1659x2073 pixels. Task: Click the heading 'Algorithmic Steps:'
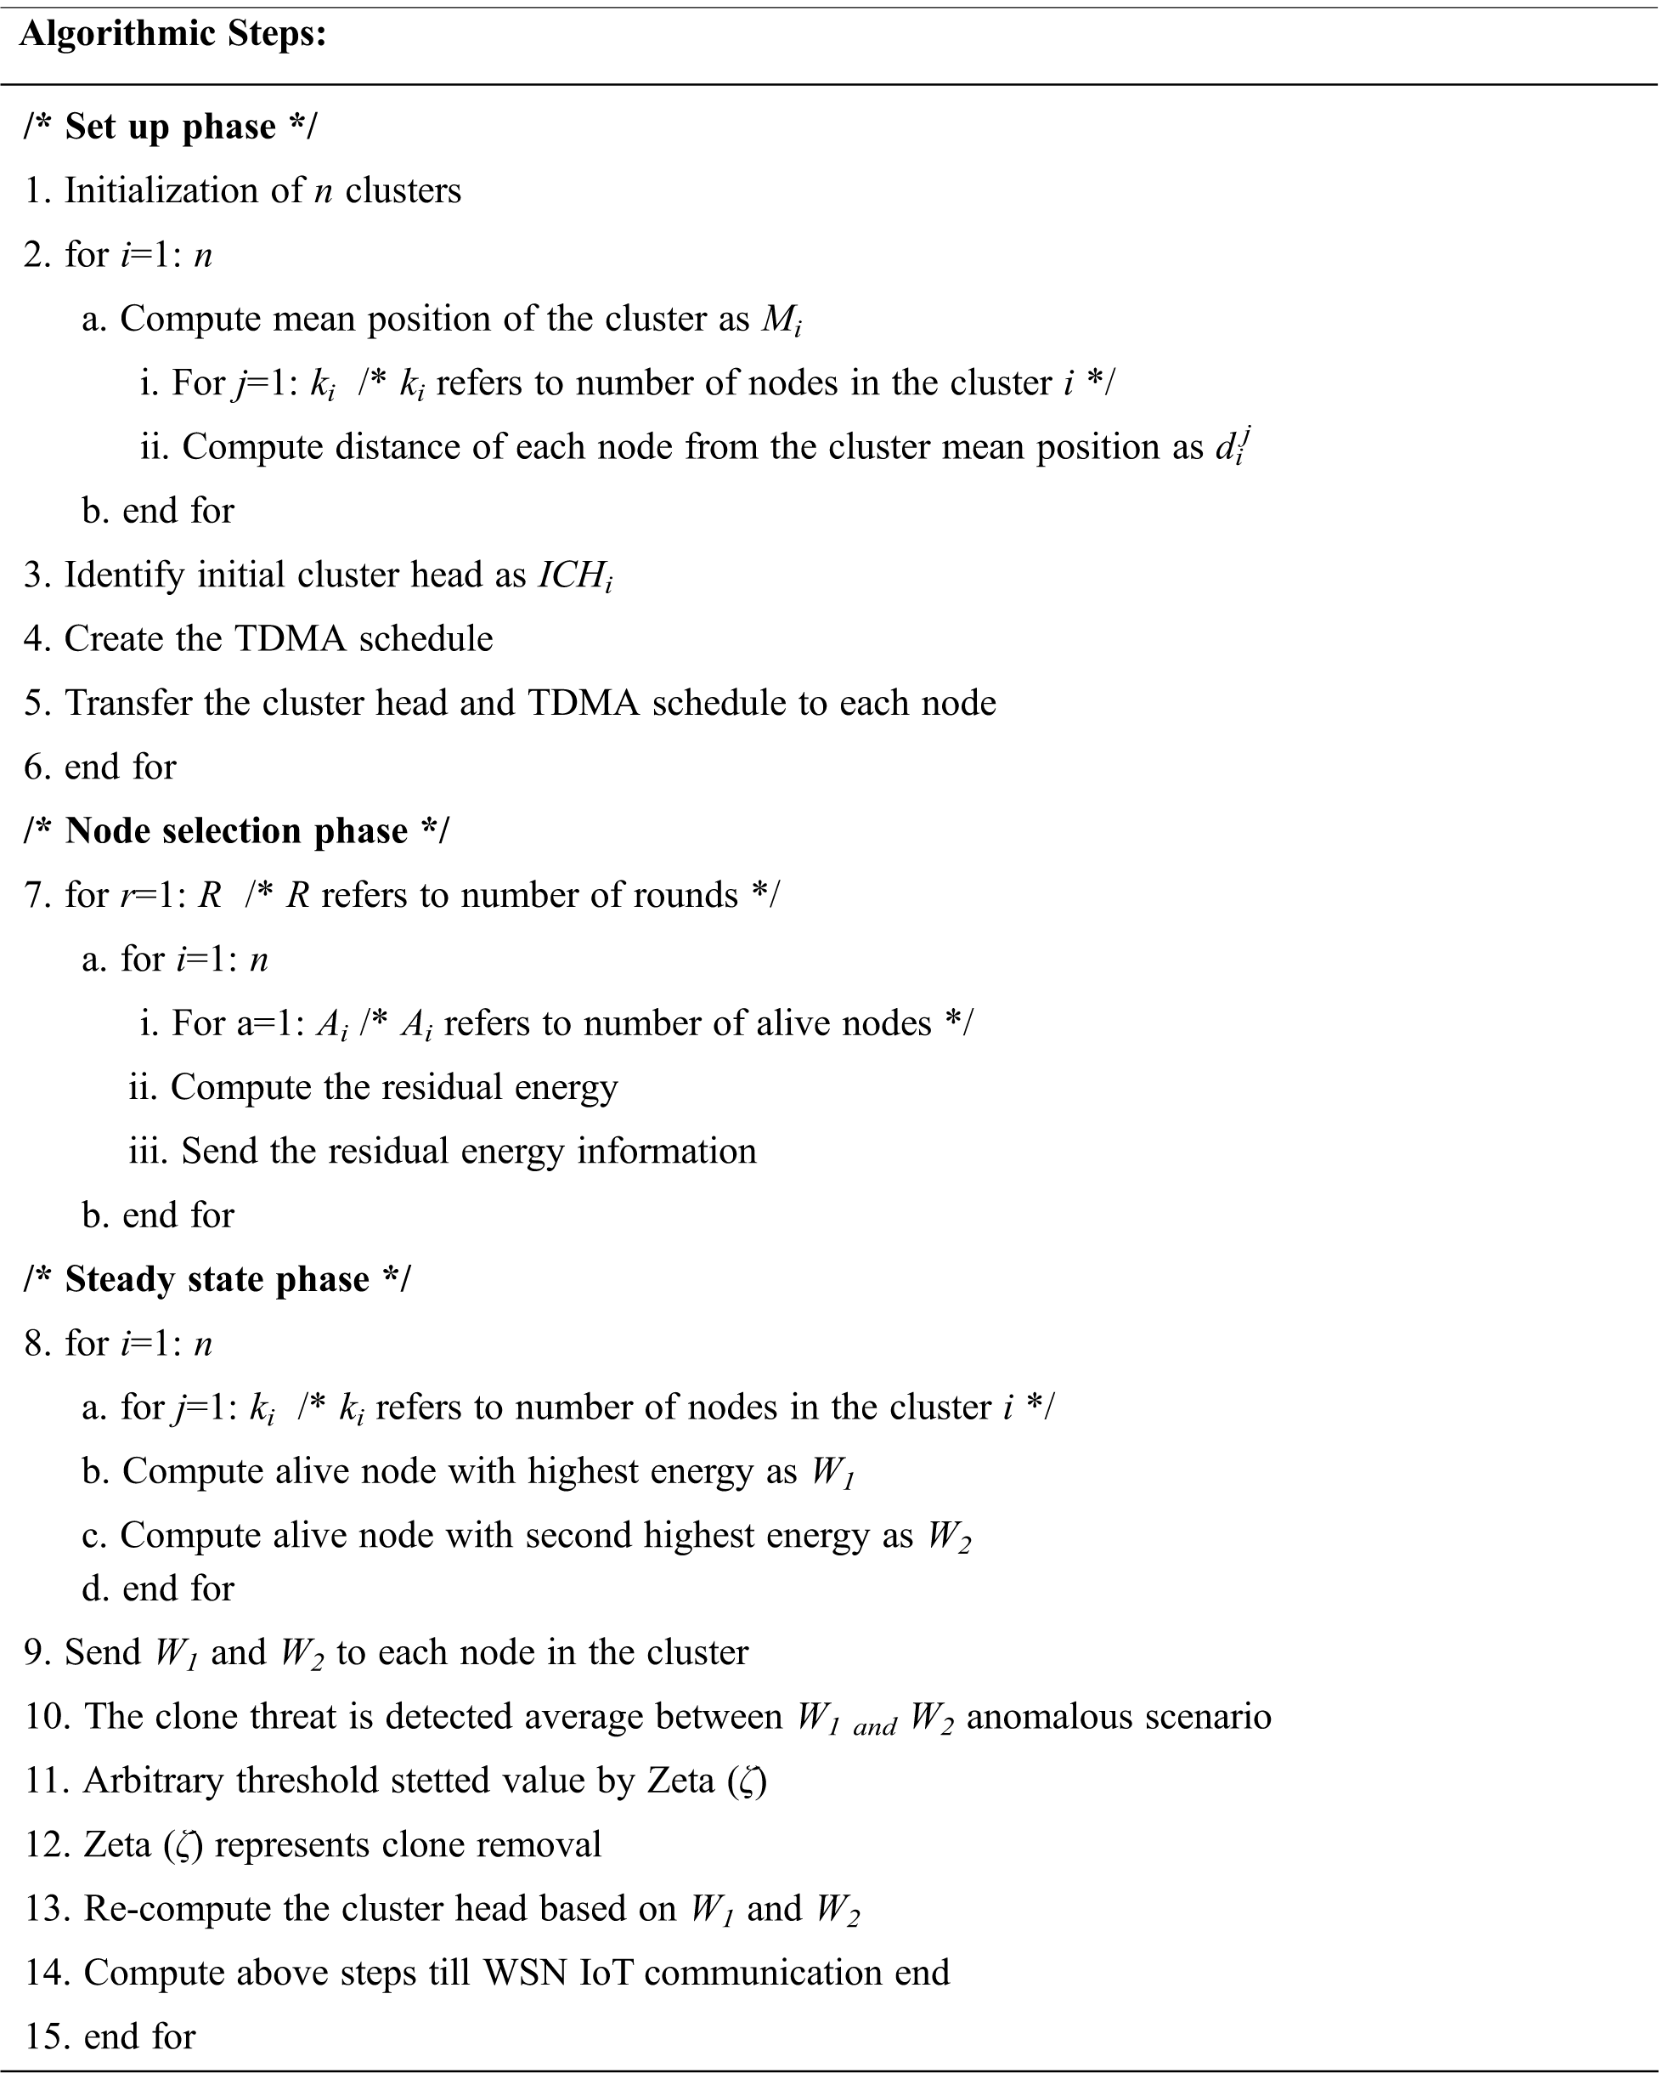[173, 35]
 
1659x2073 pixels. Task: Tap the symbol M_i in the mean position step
[782, 320]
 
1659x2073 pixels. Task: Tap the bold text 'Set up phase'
[170, 127]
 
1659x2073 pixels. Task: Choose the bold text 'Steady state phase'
[217, 1279]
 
